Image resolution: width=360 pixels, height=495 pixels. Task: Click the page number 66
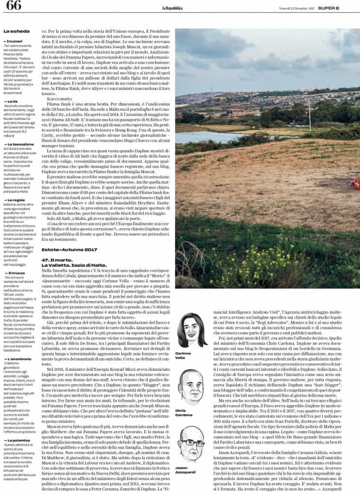13,6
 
